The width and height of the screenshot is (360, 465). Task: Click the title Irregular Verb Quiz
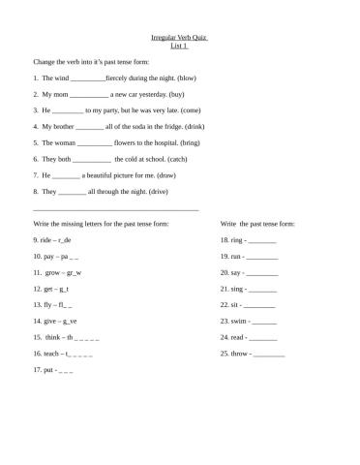click(x=179, y=36)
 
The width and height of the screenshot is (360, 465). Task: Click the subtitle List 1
click(x=179, y=45)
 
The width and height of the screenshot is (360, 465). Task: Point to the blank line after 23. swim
click(x=263, y=322)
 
